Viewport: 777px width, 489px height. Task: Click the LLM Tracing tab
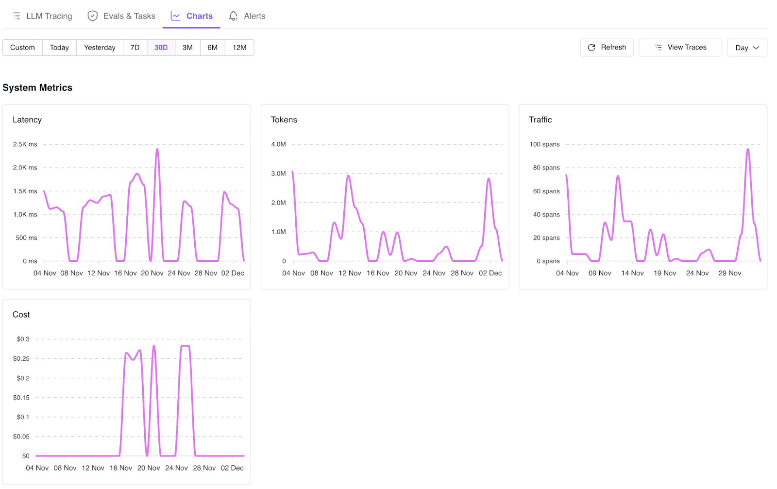(42, 16)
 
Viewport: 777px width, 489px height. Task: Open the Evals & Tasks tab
(121, 16)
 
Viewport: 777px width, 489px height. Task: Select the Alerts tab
(247, 16)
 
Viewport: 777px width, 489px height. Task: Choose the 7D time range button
(135, 48)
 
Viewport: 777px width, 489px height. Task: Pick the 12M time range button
(239, 48)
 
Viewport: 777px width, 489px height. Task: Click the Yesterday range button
(100, 48)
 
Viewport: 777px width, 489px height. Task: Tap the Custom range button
(22, 48)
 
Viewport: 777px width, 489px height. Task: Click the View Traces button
(680, 48)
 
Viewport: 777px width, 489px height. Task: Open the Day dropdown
(747, 48)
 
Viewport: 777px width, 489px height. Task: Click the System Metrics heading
(37, 88)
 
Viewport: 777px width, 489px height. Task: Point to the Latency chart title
(27, 120)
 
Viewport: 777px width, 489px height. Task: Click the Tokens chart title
(284, 120)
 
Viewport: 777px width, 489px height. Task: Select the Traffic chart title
(541, 120)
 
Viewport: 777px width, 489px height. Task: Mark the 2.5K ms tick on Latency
(25, 144)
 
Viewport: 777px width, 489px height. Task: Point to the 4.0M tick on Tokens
(279, 144)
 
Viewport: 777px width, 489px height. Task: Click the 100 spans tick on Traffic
(544, 144)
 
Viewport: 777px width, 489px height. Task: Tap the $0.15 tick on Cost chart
(21, 398)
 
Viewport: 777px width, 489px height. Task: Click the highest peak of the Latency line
(157, 149)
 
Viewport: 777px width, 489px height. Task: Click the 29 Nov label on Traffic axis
(730, 273)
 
